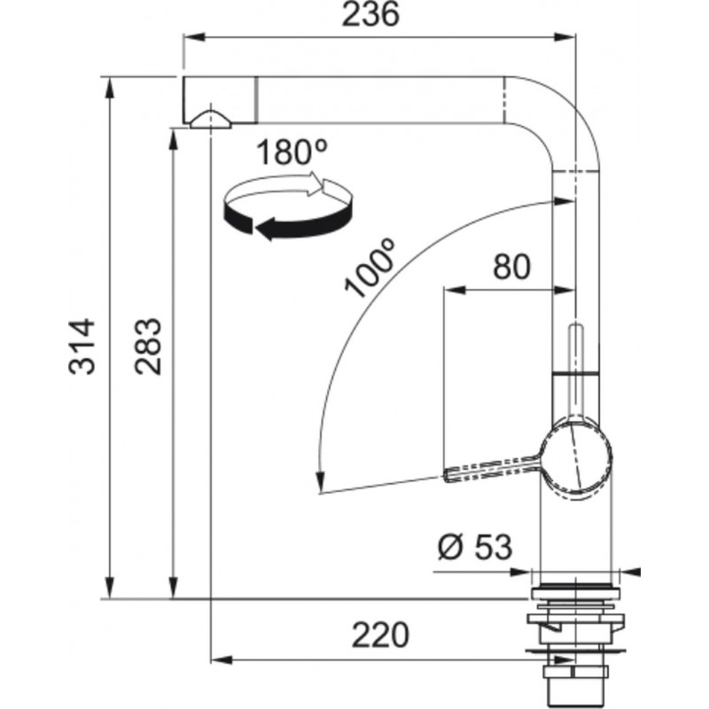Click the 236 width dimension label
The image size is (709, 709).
(x=370, y=13)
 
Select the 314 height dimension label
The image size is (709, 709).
(x=82, y=347)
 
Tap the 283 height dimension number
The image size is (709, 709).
(x=148, y=347)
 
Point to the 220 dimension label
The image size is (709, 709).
(x=380, y=635)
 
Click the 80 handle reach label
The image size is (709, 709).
(x=511, y=267)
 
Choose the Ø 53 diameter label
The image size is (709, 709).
(x=475, y=546)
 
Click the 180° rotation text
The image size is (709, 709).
(x=292, y=152)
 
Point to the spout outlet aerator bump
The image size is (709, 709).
(x=211, y=120)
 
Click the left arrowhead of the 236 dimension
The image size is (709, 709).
(x=193, y=37)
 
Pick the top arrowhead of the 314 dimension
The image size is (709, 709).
(x=109, y=88)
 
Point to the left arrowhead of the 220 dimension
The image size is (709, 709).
(x=222, y=659)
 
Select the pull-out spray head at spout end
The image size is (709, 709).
(x=220, y=100)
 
